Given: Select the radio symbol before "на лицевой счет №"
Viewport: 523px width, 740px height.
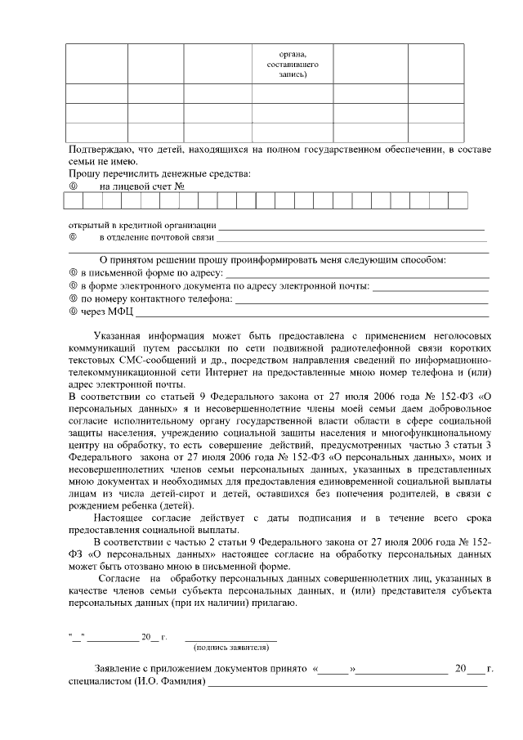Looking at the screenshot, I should [73, 186].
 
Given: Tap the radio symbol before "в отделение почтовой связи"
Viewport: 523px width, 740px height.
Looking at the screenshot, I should [73, 238].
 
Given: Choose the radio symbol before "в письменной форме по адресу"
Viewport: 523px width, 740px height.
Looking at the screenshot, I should [73, 272].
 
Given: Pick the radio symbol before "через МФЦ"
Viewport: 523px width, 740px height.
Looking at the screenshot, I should [73, 312].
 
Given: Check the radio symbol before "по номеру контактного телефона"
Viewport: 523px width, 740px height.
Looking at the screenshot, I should [73, 298].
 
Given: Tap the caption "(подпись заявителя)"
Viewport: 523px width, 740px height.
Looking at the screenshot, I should [231, 647].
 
